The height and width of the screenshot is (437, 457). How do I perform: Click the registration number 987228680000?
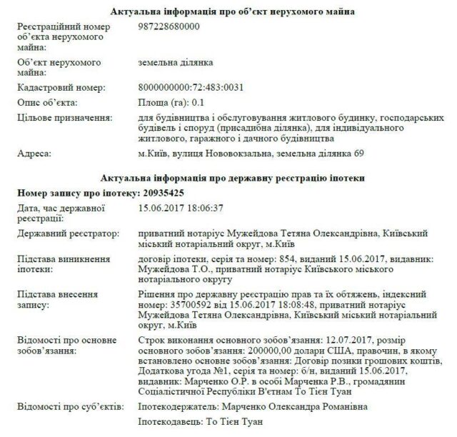tap(169, 26)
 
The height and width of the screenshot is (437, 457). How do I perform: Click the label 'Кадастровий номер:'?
tap(61, 88)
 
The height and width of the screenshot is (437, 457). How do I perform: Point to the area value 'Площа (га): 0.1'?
tap(172, 102)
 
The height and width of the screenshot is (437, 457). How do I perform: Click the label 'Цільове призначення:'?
tap(65, 116)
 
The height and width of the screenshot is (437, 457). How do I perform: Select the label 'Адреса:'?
tap(34, 153)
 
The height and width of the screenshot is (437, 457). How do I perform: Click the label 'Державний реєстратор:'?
tap(69, 233)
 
